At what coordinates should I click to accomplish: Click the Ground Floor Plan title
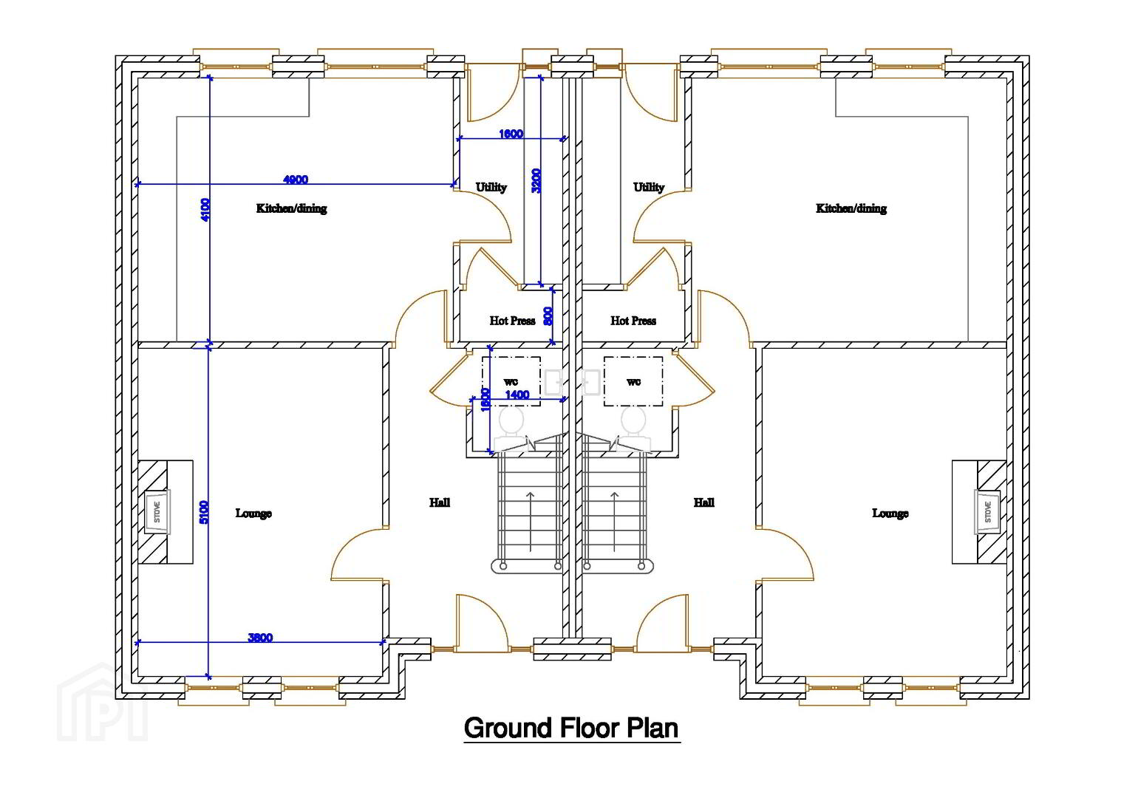[571, 728]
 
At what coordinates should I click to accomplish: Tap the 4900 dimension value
[295, 180]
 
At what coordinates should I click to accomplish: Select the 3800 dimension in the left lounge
[260, 638]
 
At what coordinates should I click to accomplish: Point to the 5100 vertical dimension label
[204, 512]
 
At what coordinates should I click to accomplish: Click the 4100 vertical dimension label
[205, 210]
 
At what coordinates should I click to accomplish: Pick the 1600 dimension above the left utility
[511, 134]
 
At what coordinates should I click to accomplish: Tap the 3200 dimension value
[536, 180]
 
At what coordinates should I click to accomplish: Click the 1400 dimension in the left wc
[517, 394]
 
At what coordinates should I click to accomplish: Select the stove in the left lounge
[157, 511]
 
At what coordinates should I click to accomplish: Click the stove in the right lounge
[987, 511]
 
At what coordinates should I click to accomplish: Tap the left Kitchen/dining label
[292, 208]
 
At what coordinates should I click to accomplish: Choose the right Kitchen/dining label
[851, 208]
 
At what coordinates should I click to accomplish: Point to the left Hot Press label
[513, 321]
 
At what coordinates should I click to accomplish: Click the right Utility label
[649, 188]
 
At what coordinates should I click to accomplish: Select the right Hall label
[704, 502]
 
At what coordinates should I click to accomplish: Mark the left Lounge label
[253, 513]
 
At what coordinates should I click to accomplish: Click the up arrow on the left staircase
[531, 521]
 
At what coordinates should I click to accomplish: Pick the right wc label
[633, 381]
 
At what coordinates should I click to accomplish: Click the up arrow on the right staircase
[615, 521]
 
